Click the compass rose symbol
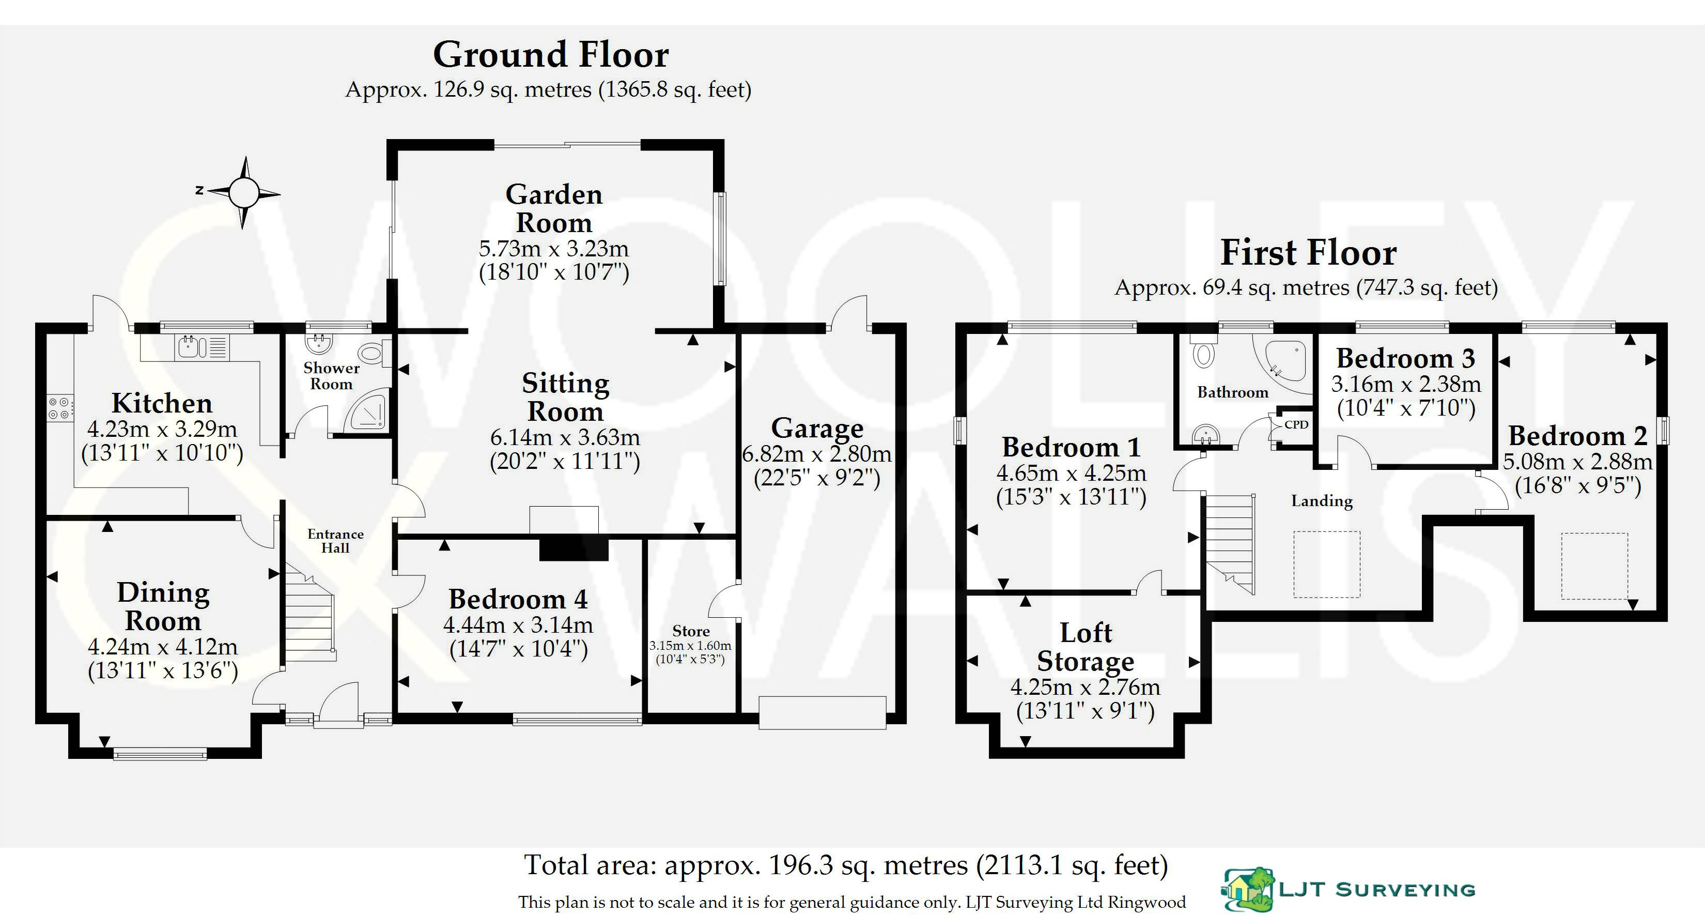point(243,193)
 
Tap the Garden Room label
point(554,208)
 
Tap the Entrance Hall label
point(335,541)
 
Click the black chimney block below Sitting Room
point(573,548)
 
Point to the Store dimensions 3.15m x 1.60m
point(690,646)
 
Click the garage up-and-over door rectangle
point(822,712)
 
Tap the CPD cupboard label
point(1296,424)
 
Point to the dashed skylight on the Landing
point(1326,564)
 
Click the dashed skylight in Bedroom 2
point(1594,566)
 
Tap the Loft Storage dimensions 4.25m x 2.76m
point(1085,687)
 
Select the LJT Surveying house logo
point(1247,889)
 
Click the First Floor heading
point(1308,252)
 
